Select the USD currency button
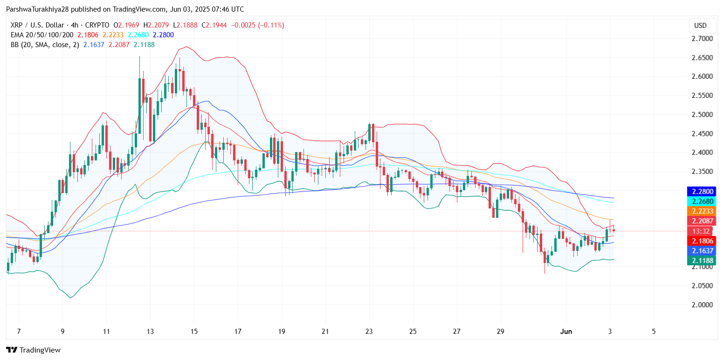[x=700, y=26]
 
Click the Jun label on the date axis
[x=565, y=332]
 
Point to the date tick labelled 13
[x=150, y=332]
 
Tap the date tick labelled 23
[x=369, y=332]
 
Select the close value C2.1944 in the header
[x=214, y=25]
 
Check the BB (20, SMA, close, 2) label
[x=44, y=45]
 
